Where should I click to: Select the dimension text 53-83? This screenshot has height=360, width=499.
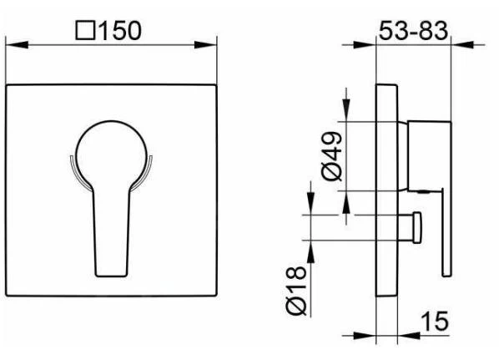[x=412, y=30]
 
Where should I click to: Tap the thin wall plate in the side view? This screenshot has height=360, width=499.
[x=388, y=192]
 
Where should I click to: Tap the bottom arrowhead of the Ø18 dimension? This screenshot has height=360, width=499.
[x=312, y=243]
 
